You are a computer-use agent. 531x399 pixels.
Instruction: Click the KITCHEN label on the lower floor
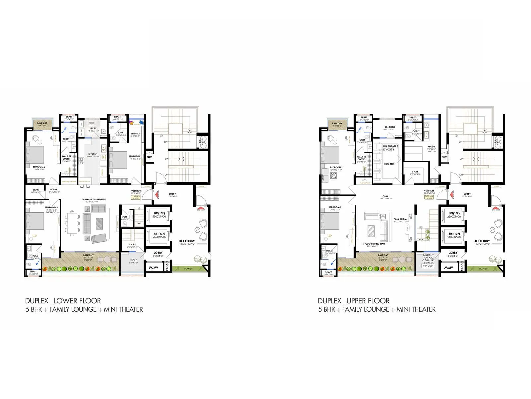click(93, 154)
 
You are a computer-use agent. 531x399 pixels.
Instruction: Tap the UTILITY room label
click(93, 128)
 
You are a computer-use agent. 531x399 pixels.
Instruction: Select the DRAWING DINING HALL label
click(94, 199)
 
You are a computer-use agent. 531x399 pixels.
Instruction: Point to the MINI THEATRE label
click(390, 146)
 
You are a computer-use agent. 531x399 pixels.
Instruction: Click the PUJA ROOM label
click(400, 219)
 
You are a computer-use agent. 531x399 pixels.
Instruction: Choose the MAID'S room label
click(431, 147)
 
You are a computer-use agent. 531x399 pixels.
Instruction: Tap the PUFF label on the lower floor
click(125, 217)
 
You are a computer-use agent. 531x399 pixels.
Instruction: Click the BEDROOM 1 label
click(135, 156)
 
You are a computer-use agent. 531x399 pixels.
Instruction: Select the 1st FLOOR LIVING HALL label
click(373, 244)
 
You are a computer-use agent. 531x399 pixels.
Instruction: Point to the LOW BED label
click(389, 164)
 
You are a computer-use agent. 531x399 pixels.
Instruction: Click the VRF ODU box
click(428, 266)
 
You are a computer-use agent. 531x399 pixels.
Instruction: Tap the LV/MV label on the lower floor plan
click(153, 267)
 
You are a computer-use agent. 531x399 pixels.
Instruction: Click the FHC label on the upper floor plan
click(444, 157)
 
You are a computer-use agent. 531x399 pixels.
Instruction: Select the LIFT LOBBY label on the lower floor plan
click(187, 241)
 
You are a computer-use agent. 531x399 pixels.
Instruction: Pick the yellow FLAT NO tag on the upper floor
click(429, 197)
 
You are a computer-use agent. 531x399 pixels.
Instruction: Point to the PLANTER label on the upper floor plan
click(483, 269)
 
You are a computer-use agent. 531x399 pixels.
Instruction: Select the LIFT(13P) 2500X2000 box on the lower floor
click(159, 235)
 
